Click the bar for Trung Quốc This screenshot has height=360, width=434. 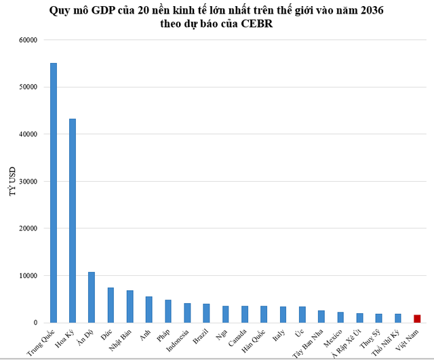(x=54, y=193)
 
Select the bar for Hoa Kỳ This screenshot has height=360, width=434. (x=73, y=221)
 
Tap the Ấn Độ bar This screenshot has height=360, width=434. (x=92, y=297)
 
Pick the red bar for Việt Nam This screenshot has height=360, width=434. (x=417, y=319)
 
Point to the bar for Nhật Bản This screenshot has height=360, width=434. (x=130, y=306)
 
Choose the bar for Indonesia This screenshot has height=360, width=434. (x=187, y=313)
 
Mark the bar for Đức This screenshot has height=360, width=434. (x=111, y=305)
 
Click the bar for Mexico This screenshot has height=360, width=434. (x=340, y=317)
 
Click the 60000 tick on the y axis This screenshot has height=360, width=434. (x=28, y=40)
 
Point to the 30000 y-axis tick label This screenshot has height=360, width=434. (x=28, y=182)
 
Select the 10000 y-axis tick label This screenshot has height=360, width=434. (x=28, y=276)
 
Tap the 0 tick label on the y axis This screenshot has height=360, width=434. (x=35, y=323)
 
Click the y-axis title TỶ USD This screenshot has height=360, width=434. (x=12, y=182)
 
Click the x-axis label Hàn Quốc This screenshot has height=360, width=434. (x=254, y=341)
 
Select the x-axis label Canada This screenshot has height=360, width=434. (x=237, y=338)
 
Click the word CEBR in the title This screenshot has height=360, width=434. (x=256, y=24)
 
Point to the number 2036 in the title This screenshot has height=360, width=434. (x=372, y=11)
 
